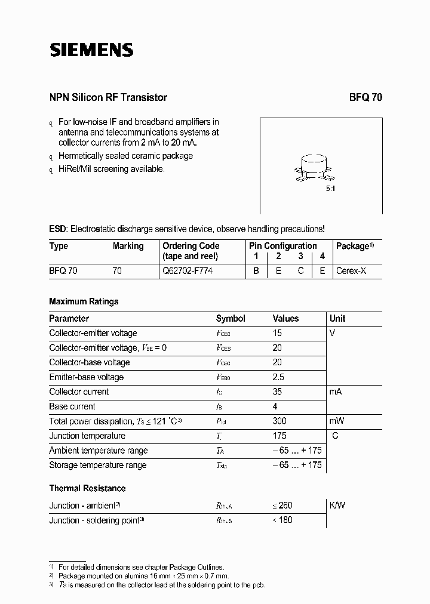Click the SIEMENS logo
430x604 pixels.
point(91,50)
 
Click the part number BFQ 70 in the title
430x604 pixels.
point(365,97)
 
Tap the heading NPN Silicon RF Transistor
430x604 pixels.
point(108,97)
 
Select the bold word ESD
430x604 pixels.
point(58,229)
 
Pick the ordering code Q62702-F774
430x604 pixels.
point(188,270)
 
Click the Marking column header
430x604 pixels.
point(128,246)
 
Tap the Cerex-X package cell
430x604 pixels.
point(352,270)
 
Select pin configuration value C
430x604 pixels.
point(301,270)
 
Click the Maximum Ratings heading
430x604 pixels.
point(84,301)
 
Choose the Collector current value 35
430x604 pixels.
point(278,392)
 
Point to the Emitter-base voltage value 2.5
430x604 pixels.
point(278,377)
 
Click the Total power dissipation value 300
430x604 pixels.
point(279,421)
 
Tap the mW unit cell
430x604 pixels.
point(337,421)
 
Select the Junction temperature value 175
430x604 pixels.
point(279,436)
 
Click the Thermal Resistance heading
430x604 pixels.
point(87,488)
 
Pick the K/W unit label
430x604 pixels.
point(337,505)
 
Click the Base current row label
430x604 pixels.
point(72,406)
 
